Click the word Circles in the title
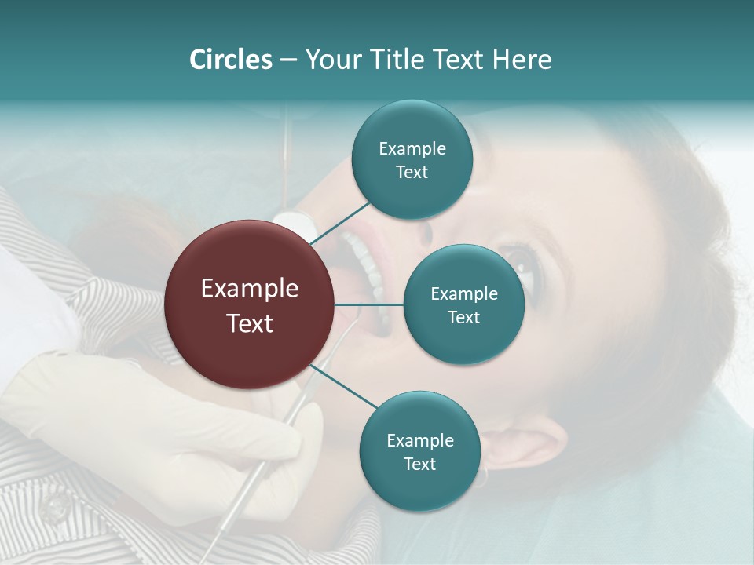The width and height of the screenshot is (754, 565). tap(230, 60)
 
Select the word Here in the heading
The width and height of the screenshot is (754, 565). tap(522, 60)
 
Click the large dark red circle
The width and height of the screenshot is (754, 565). tap(250, 304)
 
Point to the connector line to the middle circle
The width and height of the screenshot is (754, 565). tap(369, 304)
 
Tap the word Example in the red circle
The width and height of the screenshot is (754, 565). tap(250, 289)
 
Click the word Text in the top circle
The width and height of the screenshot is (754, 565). tap(412, 172)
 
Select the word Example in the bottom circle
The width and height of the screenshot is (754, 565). tap(419, 440)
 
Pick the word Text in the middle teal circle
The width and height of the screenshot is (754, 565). tap(463, 317)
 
